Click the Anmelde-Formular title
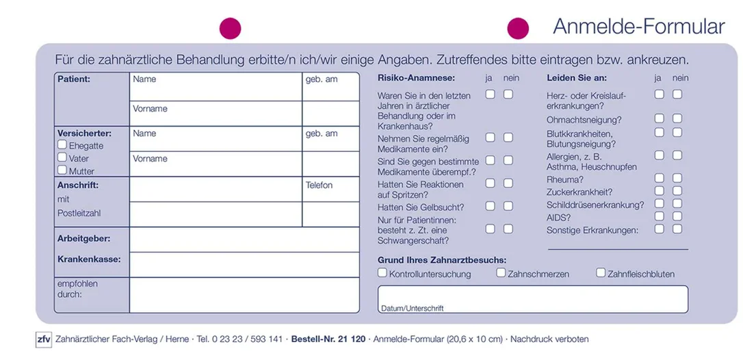639,27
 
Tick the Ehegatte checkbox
62,144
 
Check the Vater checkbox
62,157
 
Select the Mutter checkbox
62,170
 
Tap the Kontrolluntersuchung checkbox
382,272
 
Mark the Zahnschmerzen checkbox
501,272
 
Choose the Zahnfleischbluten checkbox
601,272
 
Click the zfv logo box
44,339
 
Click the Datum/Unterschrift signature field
532,299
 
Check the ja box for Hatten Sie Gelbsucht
490,206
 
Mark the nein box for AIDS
677,216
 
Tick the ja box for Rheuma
659,179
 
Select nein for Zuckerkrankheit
677,191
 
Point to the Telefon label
319,185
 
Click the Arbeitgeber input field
244,240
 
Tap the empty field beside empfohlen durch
244,295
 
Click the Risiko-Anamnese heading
416,78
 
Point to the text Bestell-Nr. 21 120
328,339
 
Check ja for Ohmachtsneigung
659,118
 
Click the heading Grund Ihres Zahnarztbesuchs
442,260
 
